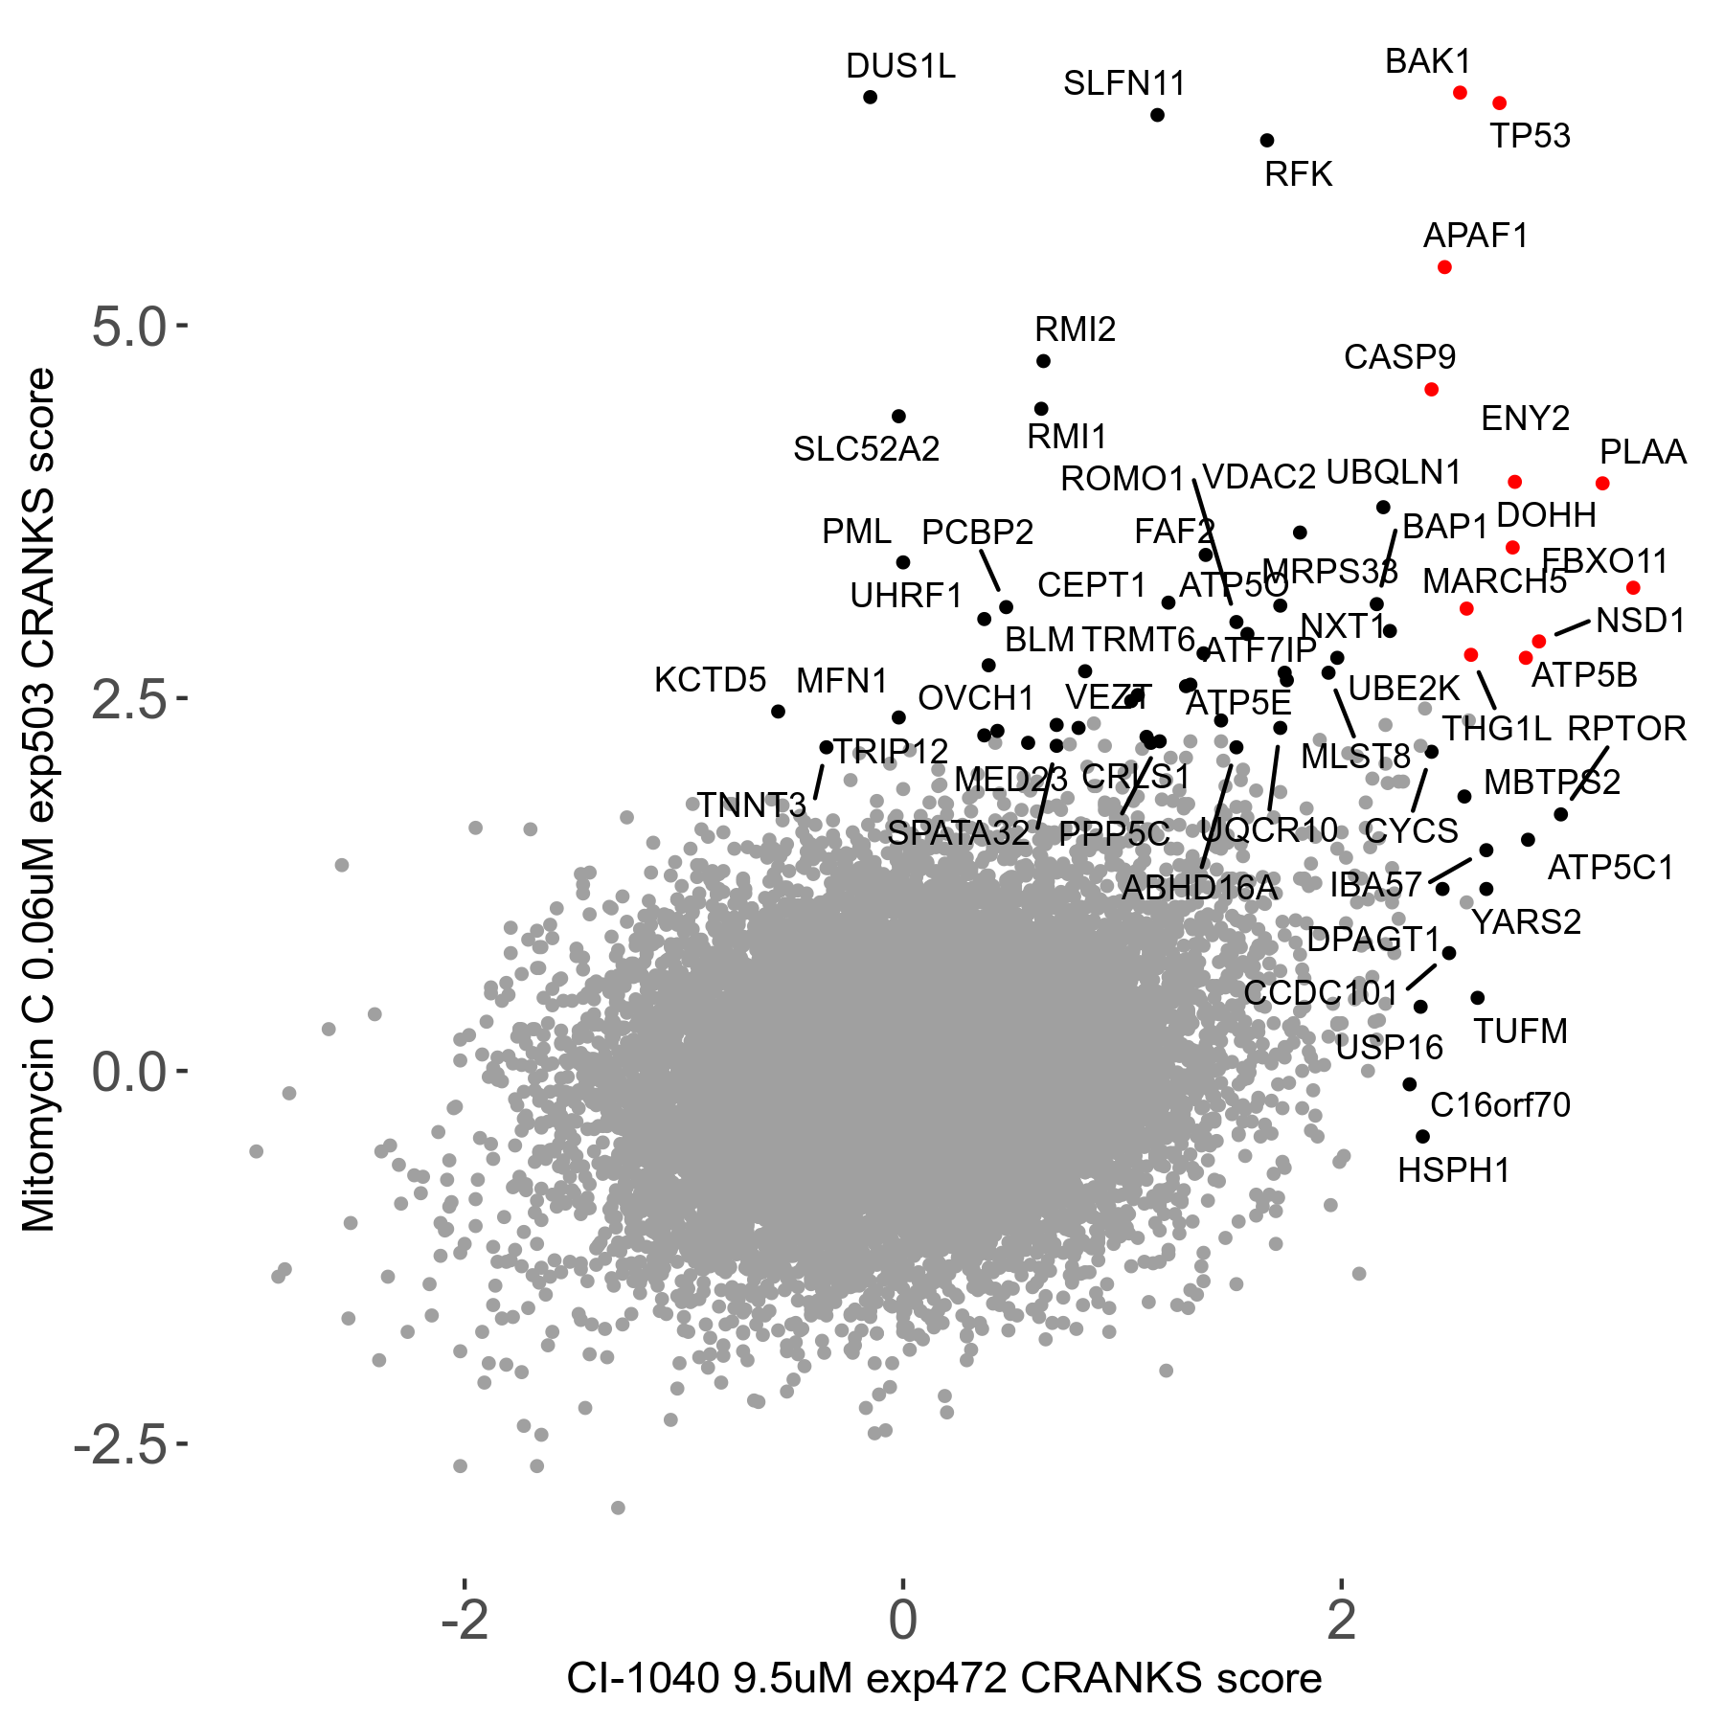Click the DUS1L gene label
(900, 67)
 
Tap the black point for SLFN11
(1157, 115)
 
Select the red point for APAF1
(1444, 267)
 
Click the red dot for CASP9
(1431, 389)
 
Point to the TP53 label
(1530, 137)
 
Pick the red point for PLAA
(1602, 484)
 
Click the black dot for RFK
(1267, 140)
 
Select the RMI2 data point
(1043, 361)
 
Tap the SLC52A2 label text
(866, 449)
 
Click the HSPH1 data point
(1422, 1136)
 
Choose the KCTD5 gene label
(710, 680)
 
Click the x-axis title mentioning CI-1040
(943, 1679)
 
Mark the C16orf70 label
(1500, 1105)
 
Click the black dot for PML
(902, 562)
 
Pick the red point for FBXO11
(1633, 587)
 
